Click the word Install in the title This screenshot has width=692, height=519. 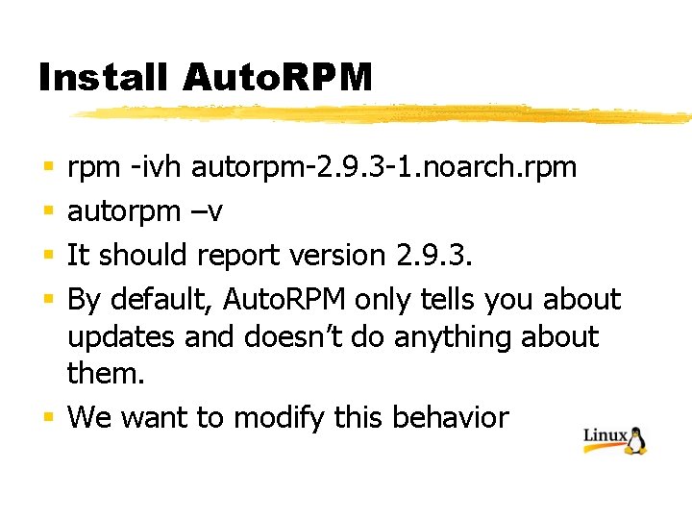pos(104,78)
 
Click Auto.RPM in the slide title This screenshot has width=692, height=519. pos(276,78)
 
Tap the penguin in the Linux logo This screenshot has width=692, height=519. pos(636,440)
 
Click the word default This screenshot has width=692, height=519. pos(161,300)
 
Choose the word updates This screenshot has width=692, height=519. pos(121,337)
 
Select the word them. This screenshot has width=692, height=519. pos(107,375)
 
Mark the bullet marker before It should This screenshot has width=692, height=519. pos(47,257)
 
